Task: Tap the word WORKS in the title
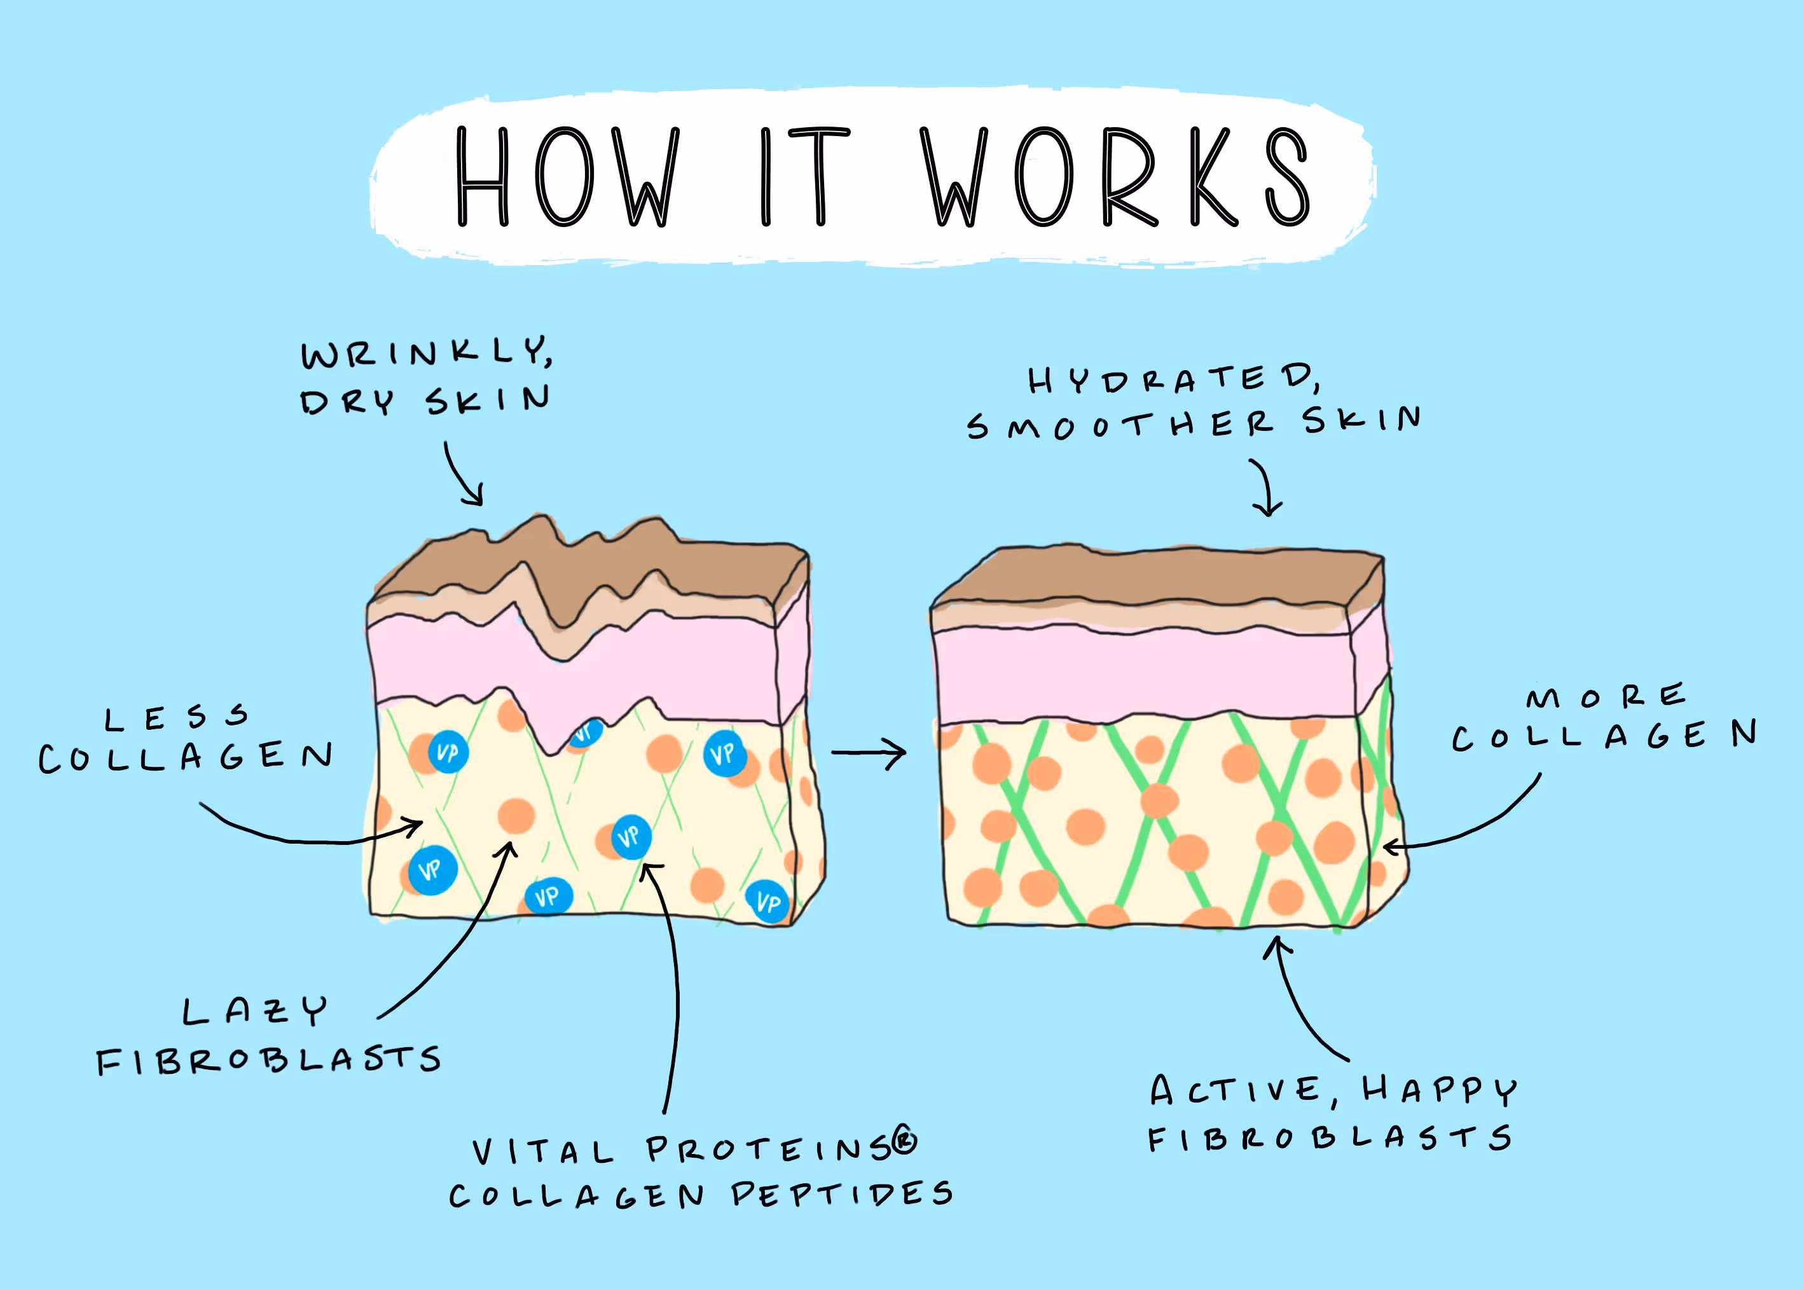pyautogui.click(x=1115, y=176)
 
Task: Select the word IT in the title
pyautogui.click(x=803, y=176)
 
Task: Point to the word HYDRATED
pyautogui.click(x=1173, y=379)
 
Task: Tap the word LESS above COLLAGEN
pyautogui.click(x=176, y=718)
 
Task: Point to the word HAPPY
pyautogui.click(x=1440, y=1090)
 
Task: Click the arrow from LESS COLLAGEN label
pyautogui.click(x=310, y=834)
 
